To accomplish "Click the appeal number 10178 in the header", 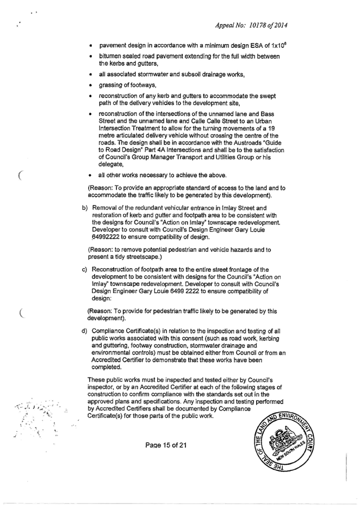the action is coord(257,26).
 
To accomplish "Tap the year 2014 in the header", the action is coord(281,26).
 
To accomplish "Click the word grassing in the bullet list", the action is coord(112,86).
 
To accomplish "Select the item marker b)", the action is coord(85,208).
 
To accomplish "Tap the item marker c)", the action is coord(85,270).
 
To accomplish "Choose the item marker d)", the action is coord(85,331).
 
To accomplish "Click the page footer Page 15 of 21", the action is coord(166,445).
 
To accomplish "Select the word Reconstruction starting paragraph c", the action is coord(111,270).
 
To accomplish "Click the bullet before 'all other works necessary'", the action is coord(90,176).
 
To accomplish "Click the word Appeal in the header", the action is coord(224,26).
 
